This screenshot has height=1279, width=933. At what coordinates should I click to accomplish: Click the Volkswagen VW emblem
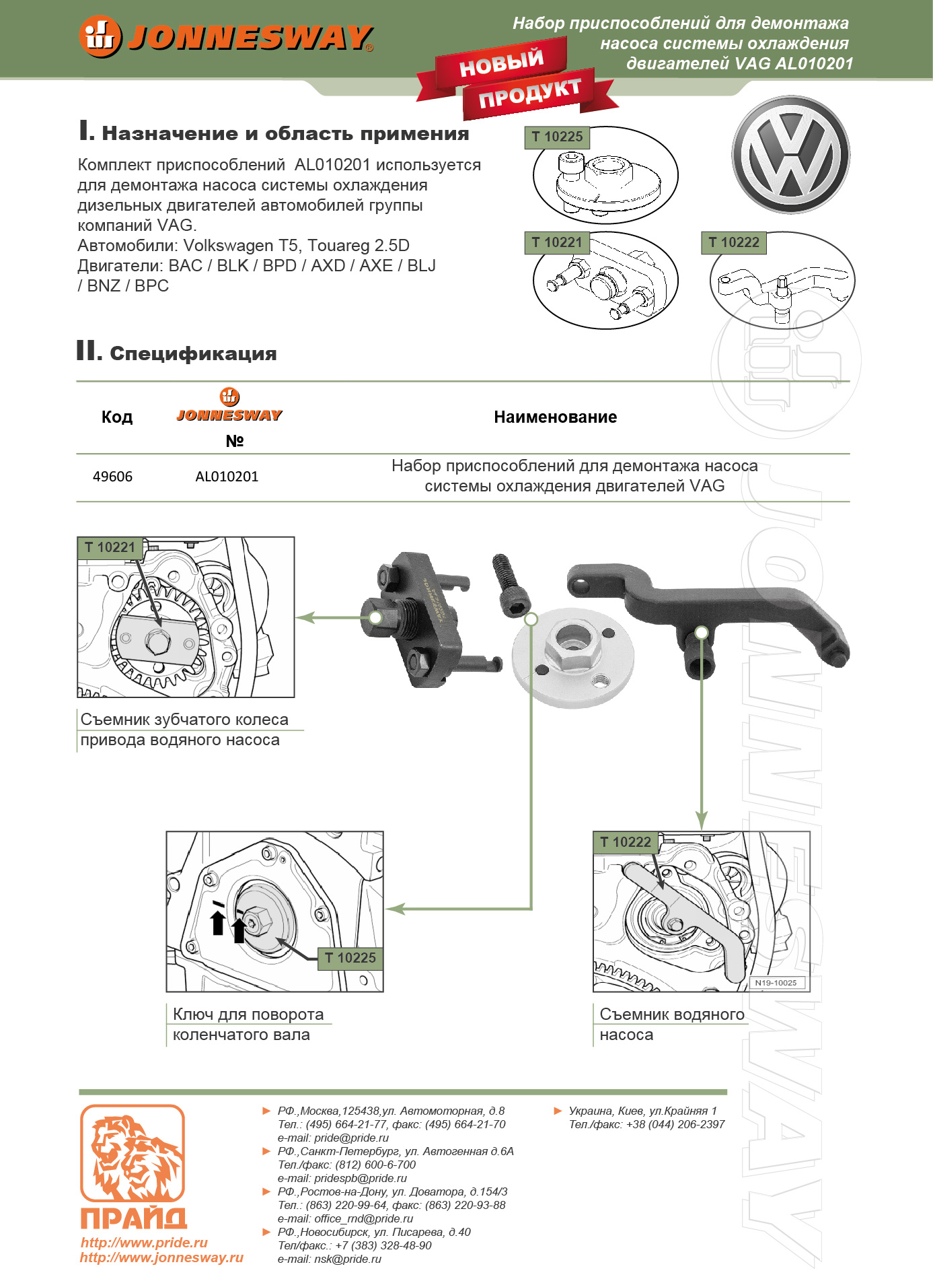click(x=790, y=155)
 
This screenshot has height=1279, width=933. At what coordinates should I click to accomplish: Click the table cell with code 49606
click(x=112, y=477)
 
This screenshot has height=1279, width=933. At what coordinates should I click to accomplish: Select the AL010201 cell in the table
click(x=227, y=477)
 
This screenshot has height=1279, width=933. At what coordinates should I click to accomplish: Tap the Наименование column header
click(x=555, y=417)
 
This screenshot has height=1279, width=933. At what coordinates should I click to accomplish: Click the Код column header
click(x=117, y=417)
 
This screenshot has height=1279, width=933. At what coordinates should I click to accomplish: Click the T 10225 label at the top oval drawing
click(x=557, y=137)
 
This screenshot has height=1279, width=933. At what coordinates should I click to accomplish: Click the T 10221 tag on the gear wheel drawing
click(x=110, y=547)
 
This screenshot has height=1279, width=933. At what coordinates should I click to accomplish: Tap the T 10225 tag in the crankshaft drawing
click(x=350, y=958)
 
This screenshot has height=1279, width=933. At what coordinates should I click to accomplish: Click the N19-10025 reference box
click(x=776, y=983)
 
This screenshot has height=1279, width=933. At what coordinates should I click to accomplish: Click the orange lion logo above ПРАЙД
click(x=133, y=1152)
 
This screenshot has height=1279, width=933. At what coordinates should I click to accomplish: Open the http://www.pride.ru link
click(x=144, y=1243)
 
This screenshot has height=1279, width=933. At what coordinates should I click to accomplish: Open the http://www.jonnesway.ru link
click(x=161, y=1257)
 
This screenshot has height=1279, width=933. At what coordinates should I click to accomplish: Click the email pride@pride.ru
click(x=351, y=1138)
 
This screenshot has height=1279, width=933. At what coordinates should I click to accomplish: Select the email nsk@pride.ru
click(x=347, y=1259)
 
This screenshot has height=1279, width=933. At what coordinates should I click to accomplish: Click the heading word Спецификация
click(x=193, y=353)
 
